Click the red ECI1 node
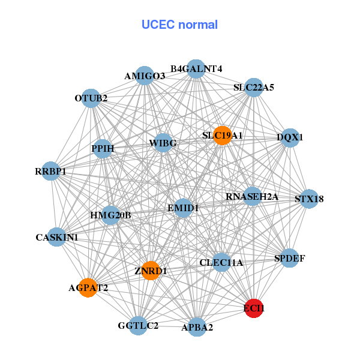[x=254, y=308]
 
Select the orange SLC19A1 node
[x=222, y=136]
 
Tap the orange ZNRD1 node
[x=151, y=271]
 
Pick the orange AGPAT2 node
[x=88, y=288]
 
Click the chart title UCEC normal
[x=179, y=25]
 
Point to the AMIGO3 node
[x=145, y=76]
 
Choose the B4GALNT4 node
[x=196, y=68]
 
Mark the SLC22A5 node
[x=254, y=87]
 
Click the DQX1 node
[x=290, y=137]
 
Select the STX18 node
[x=309, y=199]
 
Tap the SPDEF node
[x=290, y=259]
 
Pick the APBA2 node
[x=197, y=327]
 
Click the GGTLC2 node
[x=139, y=325]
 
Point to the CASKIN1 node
[x=57, y=238]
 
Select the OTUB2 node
[x=91, y=98]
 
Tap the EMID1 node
[x=183, y=208]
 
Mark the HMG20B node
[x=110, y=215]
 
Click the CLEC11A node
[x=221, y=262]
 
